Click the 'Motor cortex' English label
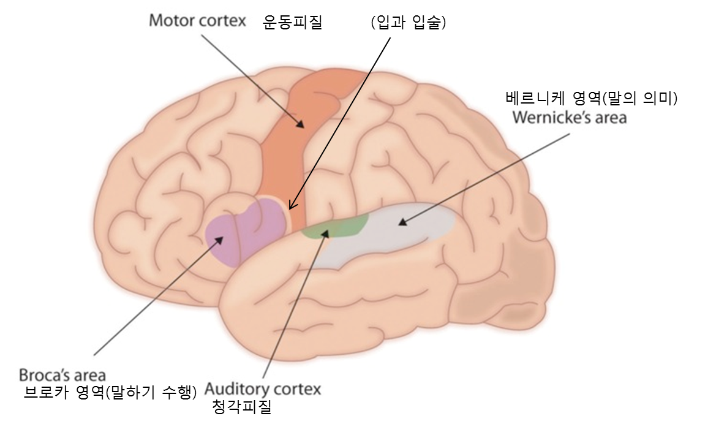[197, 21]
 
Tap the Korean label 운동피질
[292, 22]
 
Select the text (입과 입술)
[409, 22]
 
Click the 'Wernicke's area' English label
[570, 118]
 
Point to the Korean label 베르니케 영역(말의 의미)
[591, 98]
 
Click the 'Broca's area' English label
[62, 375]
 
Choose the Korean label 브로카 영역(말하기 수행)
[110, 392]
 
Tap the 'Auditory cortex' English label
[263, 389]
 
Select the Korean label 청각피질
[242, 406]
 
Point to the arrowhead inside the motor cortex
[300, 124]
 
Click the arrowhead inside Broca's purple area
[219, 240]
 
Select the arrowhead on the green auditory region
[325, 233]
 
